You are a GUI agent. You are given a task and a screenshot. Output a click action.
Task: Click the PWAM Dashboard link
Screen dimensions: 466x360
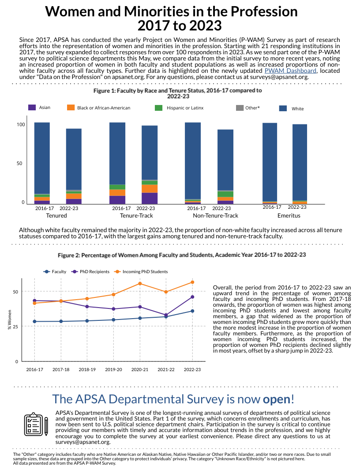tap(290, 71)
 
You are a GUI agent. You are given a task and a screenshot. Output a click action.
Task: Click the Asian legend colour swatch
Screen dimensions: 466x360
tap(32, 108)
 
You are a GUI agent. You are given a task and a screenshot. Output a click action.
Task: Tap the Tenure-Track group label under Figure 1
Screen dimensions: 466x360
tap(133, 216)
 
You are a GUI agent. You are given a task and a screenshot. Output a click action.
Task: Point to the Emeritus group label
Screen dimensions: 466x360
tap(289, 216)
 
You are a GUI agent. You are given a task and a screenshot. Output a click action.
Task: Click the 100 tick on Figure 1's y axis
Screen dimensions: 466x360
tap(20, 124)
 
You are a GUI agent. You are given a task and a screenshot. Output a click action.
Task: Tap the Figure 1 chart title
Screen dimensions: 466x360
tap(178, 93)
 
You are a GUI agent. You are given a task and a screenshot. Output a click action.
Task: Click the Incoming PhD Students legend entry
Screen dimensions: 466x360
tap(141, 272)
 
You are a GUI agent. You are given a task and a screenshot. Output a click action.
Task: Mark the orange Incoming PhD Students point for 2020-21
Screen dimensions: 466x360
tap(140, 283)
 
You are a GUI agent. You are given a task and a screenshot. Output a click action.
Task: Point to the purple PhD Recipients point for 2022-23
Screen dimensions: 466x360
tap(192, 297)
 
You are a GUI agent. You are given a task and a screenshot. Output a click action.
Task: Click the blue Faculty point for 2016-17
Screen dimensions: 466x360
tap(34, 322)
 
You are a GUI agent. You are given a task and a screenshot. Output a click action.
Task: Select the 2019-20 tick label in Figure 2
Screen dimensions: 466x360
tap(113, 369)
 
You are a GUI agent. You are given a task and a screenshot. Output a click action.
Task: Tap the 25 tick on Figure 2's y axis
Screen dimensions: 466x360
tap(16, 326)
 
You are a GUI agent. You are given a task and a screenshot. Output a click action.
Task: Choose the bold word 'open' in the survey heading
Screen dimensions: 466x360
tap(277, 399)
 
